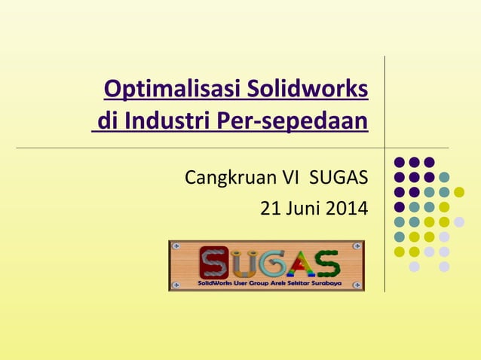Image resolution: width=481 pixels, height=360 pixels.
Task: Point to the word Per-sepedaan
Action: tap(289, 121)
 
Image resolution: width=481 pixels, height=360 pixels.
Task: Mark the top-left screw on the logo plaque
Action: tap(176, 247)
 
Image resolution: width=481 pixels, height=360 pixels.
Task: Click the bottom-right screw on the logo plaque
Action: tap(357, 285)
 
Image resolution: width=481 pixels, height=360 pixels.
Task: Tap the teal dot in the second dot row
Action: tap(444, 177)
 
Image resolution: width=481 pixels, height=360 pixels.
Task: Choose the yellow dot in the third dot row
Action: tap(459, 191)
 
